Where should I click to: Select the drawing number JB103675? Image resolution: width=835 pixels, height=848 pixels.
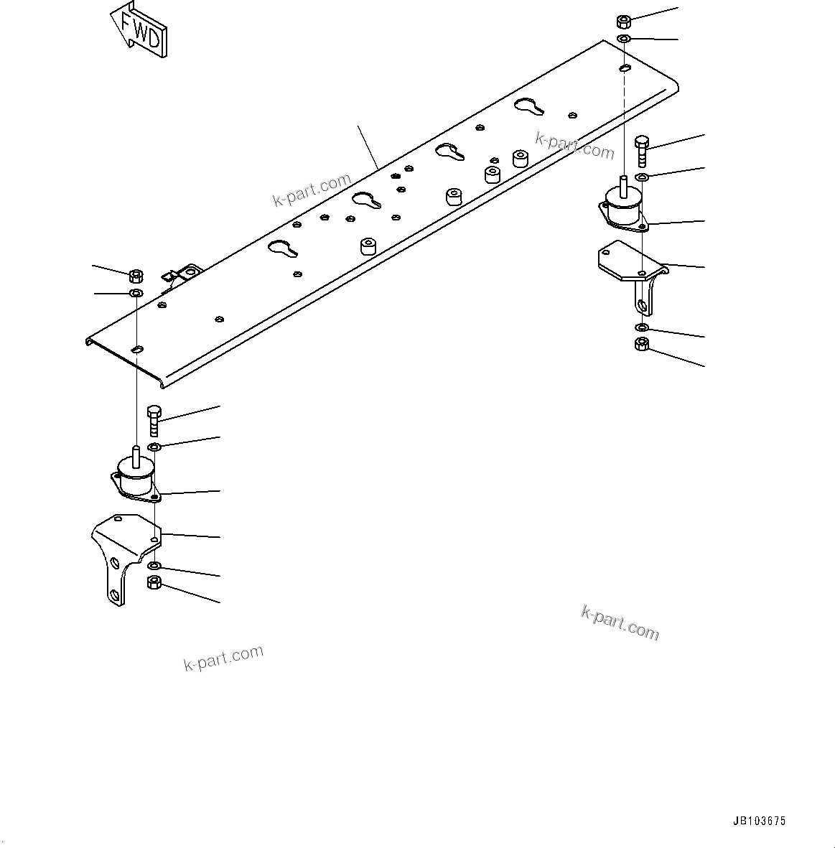click(759, 821)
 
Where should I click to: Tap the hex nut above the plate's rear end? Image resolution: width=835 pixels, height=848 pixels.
click(623, 20)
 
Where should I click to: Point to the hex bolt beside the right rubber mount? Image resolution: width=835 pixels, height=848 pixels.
click(641, 150)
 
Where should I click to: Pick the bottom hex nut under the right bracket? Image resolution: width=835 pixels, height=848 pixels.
click(642, 345)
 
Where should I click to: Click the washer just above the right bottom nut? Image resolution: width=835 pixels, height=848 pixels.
click(642, 328)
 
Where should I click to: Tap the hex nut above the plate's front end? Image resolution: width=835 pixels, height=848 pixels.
click(136, 275)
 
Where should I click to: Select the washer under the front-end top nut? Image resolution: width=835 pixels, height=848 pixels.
click(136, 294)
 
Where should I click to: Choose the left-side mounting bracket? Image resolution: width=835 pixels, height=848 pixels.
click(122, 553)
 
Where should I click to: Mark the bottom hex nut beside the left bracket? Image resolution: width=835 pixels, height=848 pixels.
click(154, 582)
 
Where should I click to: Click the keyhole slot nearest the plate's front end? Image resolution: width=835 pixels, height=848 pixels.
click(283, 248)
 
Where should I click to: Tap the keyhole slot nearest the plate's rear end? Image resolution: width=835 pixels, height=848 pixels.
click(530, 106)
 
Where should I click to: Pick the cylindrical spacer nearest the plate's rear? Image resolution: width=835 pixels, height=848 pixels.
click(520, 158)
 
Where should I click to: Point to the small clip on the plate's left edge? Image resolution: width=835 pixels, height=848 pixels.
click(181, 274)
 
